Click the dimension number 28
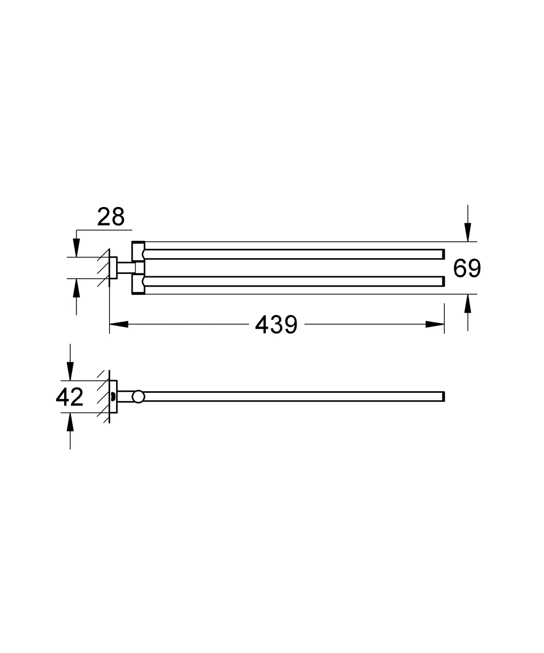111,217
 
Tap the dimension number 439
276,325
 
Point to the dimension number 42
69,397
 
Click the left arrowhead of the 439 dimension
119,324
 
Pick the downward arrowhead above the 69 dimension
467,232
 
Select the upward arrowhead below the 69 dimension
467,304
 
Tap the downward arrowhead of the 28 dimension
76,248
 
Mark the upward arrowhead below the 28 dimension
76,288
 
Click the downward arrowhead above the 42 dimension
70,371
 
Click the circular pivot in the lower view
138,396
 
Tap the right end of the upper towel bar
443,254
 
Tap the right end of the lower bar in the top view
443,282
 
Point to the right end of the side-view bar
443,396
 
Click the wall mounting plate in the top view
114,268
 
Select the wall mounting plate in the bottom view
114,396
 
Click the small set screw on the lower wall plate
112,397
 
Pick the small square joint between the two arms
139,268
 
